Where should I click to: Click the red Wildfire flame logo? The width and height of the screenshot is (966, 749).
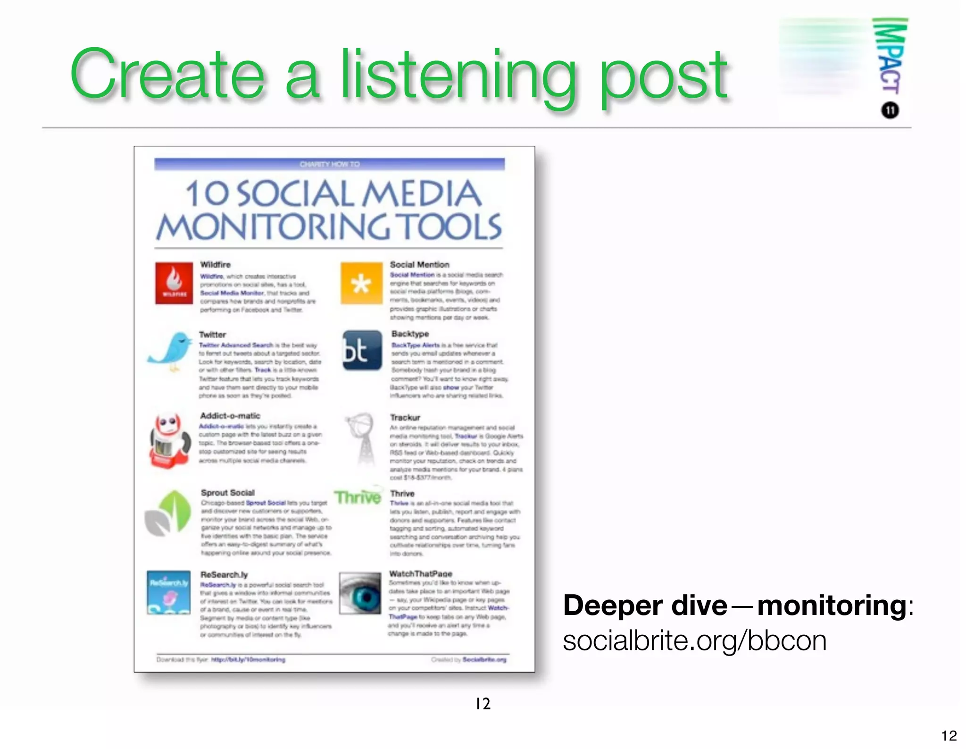174,283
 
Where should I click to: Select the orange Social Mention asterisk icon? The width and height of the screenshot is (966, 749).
361,283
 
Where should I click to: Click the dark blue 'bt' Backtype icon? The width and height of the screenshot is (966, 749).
362,350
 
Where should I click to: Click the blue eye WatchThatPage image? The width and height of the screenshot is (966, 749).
360,593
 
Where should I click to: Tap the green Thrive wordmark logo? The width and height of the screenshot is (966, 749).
358,497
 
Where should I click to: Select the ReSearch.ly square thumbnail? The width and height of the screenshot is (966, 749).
169,592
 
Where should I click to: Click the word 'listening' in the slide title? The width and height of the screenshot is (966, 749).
458,76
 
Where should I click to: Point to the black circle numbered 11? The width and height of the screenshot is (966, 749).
890,110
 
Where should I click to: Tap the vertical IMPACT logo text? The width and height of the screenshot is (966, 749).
890,56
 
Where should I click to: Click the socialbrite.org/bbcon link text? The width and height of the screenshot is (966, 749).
694,641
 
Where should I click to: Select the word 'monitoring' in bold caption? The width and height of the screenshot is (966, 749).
832,605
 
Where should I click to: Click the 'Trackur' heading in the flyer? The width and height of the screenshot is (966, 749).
405,417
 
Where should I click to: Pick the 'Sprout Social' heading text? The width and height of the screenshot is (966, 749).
227,492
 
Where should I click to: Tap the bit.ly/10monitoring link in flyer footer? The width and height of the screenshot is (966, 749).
248,659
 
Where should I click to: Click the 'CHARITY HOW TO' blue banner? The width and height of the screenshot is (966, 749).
329,164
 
